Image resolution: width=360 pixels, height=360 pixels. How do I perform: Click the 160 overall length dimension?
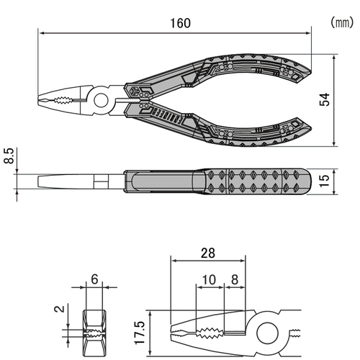pos(181,23)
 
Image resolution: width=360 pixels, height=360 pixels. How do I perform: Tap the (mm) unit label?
pos(342,22)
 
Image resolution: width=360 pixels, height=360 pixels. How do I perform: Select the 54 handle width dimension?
pos(325,99)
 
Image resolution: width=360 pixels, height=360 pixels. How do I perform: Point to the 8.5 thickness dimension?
pos(9,156)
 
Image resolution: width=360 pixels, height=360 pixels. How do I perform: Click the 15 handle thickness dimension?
pos(325,181)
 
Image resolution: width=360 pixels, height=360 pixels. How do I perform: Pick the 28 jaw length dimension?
pos(208,253)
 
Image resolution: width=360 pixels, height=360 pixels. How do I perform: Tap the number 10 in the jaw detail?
pos(209,279)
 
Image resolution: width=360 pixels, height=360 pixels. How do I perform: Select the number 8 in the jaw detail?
pos(235,279)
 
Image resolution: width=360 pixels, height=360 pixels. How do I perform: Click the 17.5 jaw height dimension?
pos(140,333)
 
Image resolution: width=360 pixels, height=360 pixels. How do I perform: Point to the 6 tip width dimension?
pos(94,279)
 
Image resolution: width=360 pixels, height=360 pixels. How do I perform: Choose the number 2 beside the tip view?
pos(60,309)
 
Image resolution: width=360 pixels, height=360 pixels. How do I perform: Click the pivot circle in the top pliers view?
pos(101,101)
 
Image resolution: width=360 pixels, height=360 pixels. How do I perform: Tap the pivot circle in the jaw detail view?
pos(268,333)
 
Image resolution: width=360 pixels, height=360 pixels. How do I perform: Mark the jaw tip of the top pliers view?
pos(38,100)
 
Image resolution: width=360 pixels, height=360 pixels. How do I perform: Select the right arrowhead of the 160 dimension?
pos(307,33)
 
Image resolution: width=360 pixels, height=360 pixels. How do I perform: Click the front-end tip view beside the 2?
pos(94,333)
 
